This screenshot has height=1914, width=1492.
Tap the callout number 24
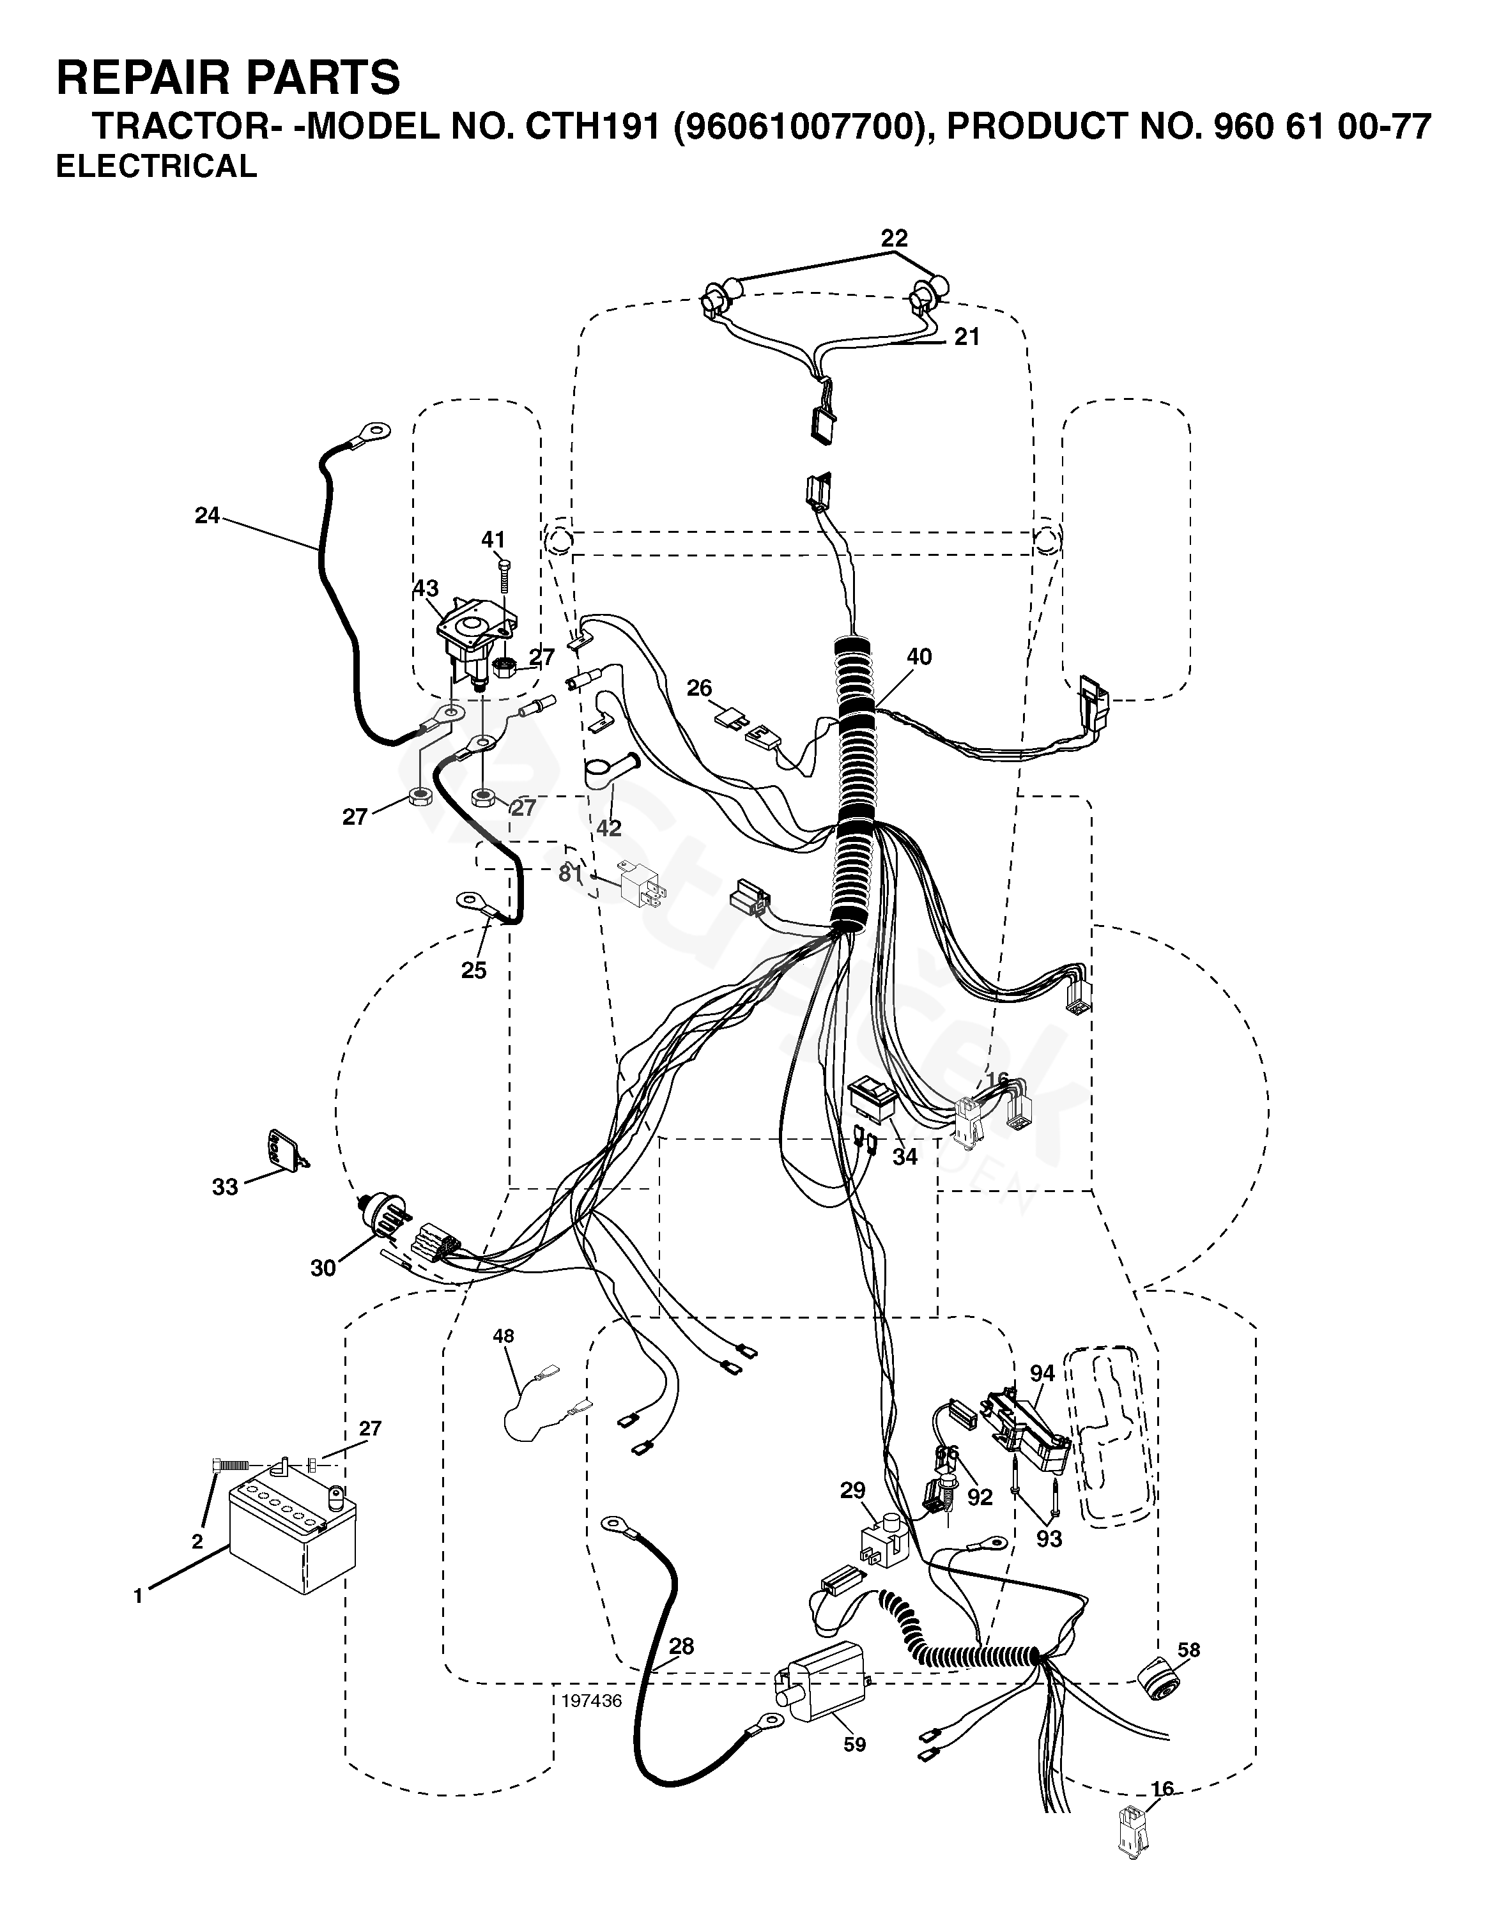pos(208,516)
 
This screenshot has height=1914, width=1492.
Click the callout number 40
pos(919,656)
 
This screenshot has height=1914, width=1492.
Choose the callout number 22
pos(894,238)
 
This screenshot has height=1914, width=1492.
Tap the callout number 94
pos(1042,1374)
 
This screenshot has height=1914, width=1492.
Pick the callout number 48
pos(503,1336)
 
